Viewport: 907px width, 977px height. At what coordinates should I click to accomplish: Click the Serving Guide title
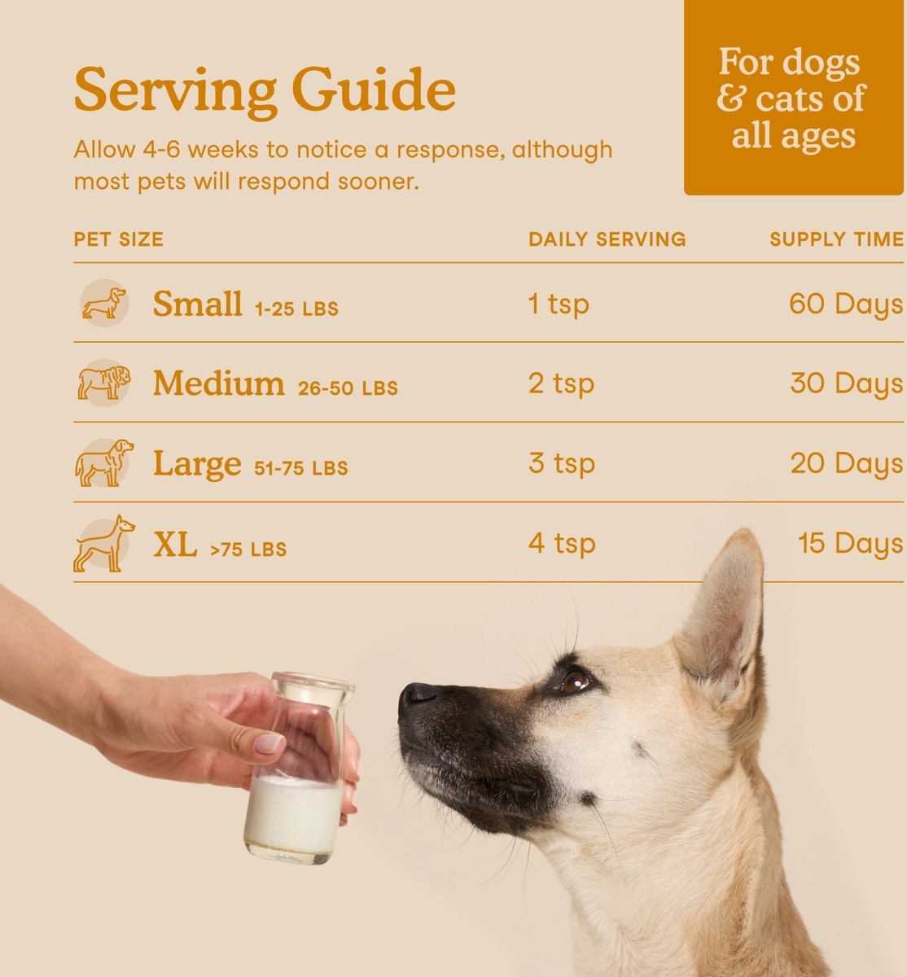tap(265, 91)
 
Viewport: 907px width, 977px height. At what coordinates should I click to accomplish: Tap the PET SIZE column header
tap(119, 239)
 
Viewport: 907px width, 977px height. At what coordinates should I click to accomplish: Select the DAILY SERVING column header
tap(607, 239)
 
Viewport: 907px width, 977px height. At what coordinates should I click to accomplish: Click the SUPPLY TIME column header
tap(837, 239)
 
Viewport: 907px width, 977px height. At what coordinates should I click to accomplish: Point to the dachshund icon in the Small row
tap(104, 303)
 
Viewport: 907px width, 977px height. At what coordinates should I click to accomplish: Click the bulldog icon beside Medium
tap(104, 382)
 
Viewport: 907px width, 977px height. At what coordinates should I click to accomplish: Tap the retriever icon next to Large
tap(104, 463)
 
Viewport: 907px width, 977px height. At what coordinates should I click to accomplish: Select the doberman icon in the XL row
tap(104, 544)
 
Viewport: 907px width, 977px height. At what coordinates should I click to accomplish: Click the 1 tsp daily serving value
tap(559, 304)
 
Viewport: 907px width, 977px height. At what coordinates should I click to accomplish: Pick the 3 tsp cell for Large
tap(562, 463)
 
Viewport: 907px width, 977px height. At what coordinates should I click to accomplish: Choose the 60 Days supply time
tap(846, 304)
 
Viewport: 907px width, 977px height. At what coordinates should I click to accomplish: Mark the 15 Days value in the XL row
tap(850, 544)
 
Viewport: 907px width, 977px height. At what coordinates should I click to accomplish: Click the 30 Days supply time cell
tap(847, 383)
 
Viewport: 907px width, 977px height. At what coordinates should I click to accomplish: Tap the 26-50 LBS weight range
tap(348, 388)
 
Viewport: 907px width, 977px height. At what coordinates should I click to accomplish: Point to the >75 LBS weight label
tap(248, 550)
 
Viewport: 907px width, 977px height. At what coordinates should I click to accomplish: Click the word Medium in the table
tap(218, 383)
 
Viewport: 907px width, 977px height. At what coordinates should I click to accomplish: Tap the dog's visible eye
tap(574, 681)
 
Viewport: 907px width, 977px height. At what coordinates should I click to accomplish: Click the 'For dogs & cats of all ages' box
tap(793, 98)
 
